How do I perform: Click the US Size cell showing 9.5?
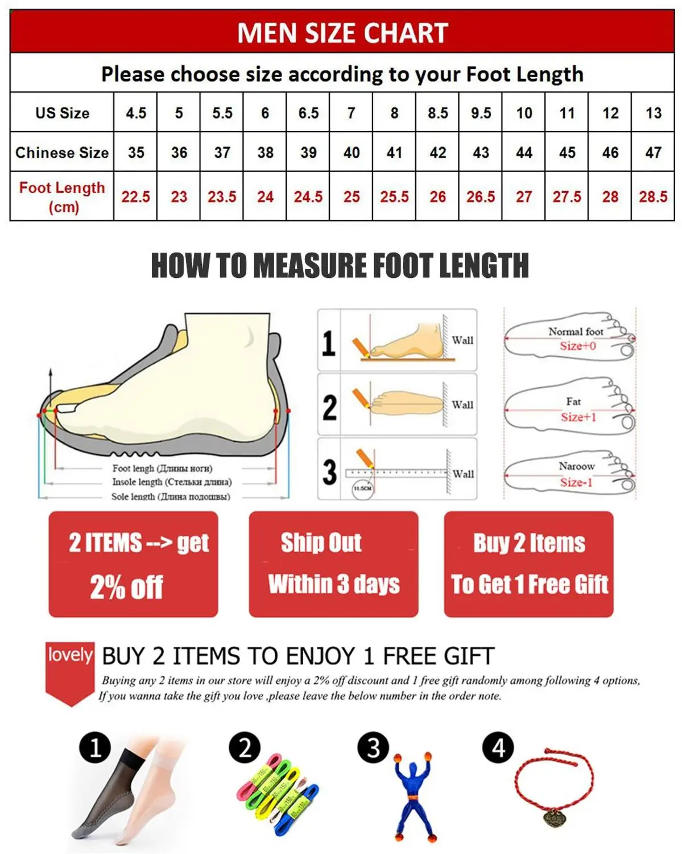[x=481, y=113]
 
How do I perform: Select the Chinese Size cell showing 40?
[x=352, y=153]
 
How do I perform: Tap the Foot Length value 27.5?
[x=567, y=197]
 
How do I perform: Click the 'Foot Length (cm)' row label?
[x=62, y=197]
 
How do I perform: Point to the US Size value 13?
[x=653, y=113]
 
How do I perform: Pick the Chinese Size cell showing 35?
[x=136, y=153]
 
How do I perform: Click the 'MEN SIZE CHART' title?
[x=342, y=33]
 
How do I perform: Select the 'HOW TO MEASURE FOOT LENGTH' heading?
[x=340, y=266]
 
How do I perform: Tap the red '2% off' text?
[x=126, y=587]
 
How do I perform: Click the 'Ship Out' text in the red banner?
[x=321, y=543]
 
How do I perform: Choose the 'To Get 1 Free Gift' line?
[x=530, y=584]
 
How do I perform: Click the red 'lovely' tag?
[x=70, y=655]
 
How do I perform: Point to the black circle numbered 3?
[x=373, y=748]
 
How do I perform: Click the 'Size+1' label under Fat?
[x=578, y=417]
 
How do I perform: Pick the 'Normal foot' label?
[x=576, y=331]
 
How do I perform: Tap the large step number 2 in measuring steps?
[x=329, y=408]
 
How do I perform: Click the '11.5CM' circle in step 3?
[x=362, y=488]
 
